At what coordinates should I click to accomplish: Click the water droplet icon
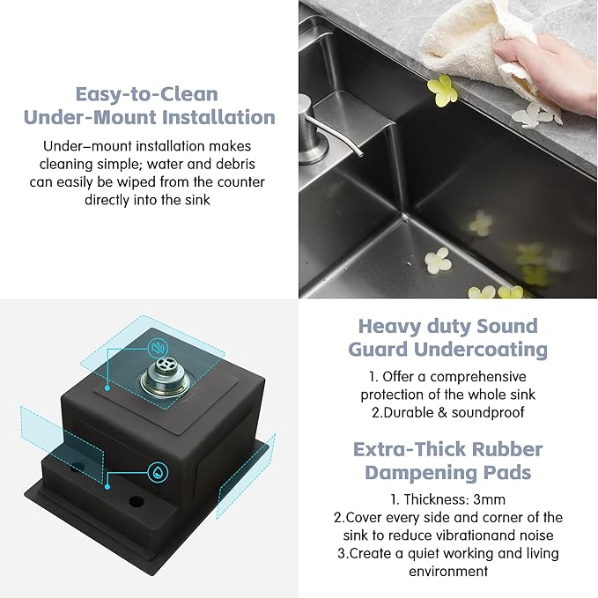(157, 469)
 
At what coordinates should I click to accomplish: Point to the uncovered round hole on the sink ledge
(137, 502)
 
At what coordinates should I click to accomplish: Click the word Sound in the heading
(506, 326)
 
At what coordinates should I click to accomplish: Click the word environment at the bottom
(447, 571)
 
